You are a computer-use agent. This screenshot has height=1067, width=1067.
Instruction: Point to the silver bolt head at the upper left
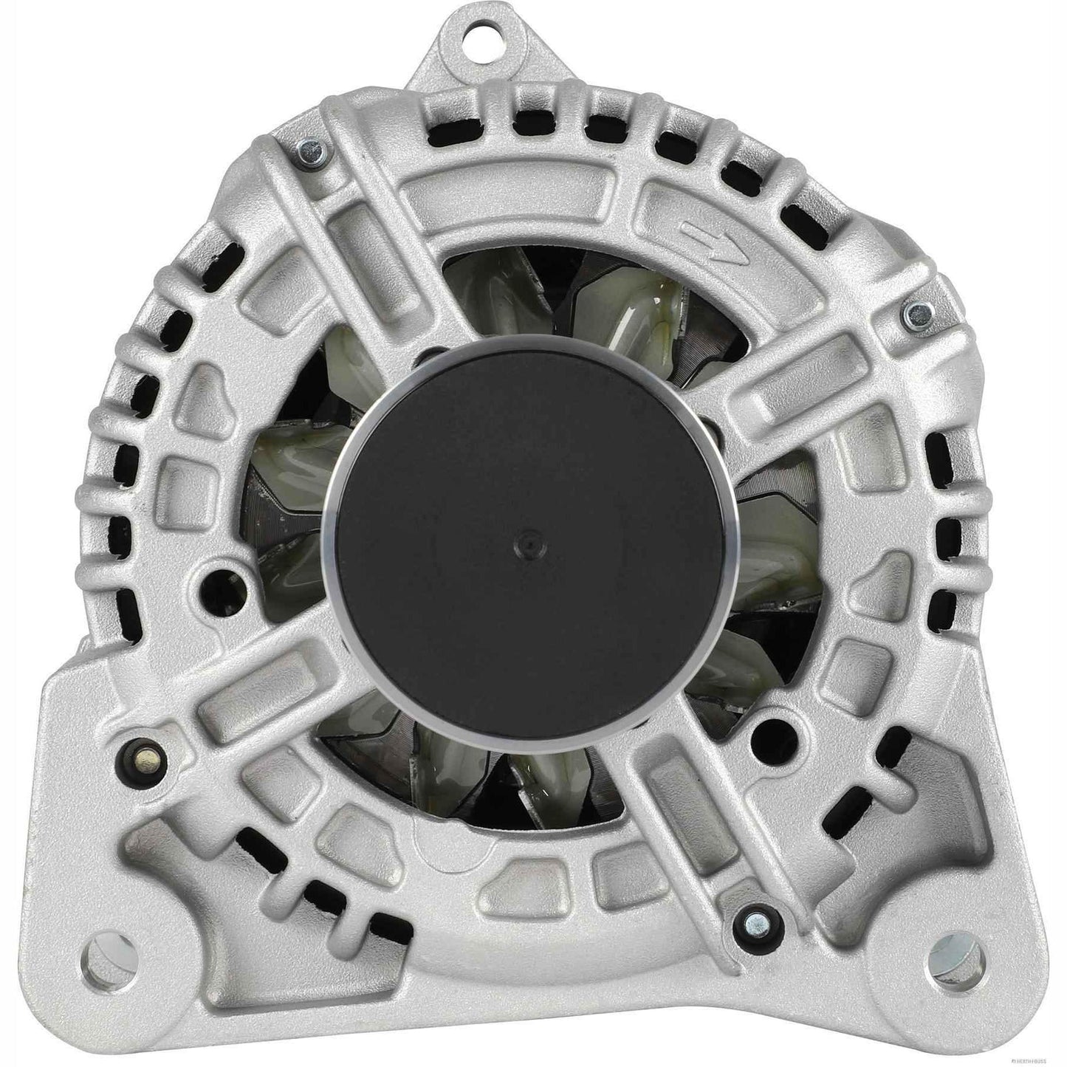(x=311, y=153)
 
